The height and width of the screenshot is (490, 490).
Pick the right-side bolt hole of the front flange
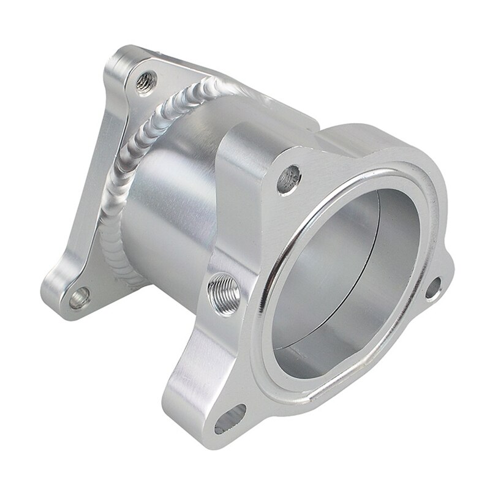click(432, 288)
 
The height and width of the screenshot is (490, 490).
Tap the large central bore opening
click(343, 276)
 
